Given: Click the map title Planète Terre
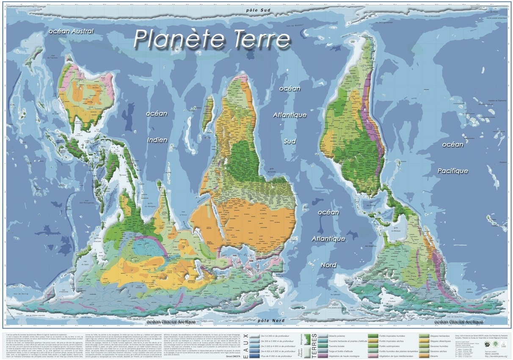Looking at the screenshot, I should [212, 39].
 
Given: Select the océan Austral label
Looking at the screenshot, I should [71, 31].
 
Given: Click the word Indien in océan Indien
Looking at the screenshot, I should [157, 140].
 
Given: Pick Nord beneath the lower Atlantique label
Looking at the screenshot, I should [328, 265].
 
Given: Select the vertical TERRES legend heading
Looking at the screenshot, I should [314, 345].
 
